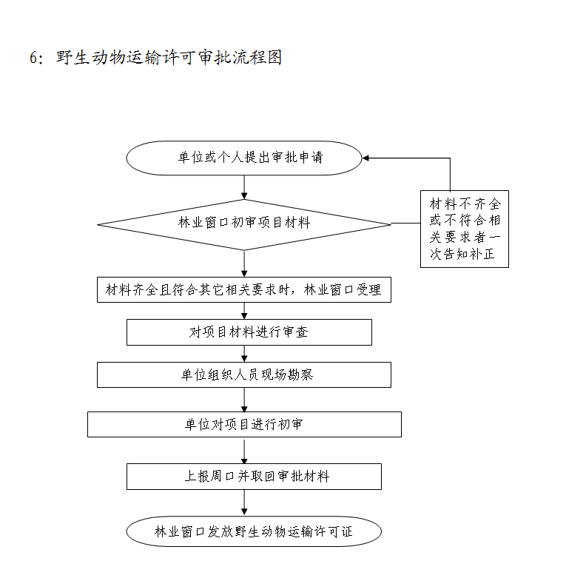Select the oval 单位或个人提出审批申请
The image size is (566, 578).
[x=243, y=158]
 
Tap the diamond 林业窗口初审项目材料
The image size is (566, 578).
[x=243, y=224]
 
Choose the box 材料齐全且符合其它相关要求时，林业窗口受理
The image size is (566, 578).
[x=243, y=289]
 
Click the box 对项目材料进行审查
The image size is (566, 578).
[x=249, y=332]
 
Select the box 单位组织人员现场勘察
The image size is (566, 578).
[x=243, y=374]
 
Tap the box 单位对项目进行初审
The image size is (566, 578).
[x=244, y=424]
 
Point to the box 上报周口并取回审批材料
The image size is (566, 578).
[x=254, y=476]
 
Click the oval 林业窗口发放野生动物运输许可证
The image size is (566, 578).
[x=254, y=531]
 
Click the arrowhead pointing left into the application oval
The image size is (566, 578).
[x=367, y=158]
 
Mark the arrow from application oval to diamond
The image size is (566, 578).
[x=244, y=188]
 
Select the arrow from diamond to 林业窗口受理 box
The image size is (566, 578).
[x=244, y=263]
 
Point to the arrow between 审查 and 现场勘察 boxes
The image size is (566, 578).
[x=244, y=354]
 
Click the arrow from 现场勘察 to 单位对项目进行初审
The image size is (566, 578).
[x=244, y=400]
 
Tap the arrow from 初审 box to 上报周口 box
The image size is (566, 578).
[x=244, y=450]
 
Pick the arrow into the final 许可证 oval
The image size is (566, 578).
[x=244, y=503]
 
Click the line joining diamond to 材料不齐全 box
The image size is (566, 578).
[x=405, y=224]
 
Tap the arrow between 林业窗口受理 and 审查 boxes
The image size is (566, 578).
[x=244, y=311]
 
